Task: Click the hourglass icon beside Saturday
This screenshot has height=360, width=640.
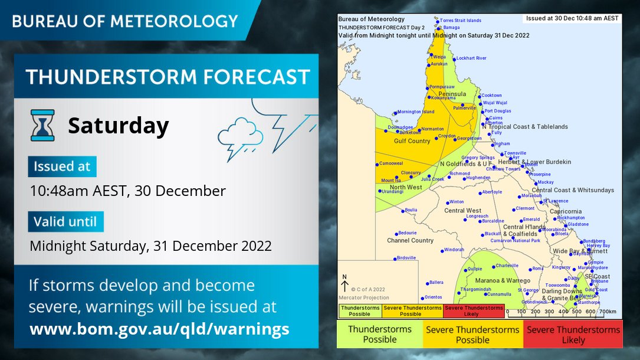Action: tap(42, 125)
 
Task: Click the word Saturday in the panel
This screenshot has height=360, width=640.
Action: tap(118, 125)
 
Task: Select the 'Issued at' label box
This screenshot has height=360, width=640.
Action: tap(62, 166)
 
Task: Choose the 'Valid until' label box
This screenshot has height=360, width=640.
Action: tap(65, 222)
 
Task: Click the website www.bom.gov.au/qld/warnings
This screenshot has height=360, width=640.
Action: tap(159, 329)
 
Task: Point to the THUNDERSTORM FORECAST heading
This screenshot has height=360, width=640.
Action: tap(168, 77)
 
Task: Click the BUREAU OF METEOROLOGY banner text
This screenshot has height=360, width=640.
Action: tap(125, 21)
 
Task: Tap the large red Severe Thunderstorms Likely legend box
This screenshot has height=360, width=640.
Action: tap(573, 335)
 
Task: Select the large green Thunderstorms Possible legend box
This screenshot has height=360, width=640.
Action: tap(380, 335)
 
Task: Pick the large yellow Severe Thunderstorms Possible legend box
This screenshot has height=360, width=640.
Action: tap(472, 335)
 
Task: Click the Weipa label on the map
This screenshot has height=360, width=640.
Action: tap(439, 57)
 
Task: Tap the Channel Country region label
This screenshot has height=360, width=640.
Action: tap(410, 241)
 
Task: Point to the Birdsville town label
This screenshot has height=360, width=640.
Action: tap(406, 258)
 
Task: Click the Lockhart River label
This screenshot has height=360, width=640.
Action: tap(472, 58)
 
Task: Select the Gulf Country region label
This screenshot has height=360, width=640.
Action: tap(412, 141)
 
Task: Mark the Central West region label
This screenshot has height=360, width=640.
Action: tap(462, 211)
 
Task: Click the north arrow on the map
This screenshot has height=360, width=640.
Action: tap(345, 285)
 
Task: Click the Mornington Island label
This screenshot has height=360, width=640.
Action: tap(416, 112)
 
